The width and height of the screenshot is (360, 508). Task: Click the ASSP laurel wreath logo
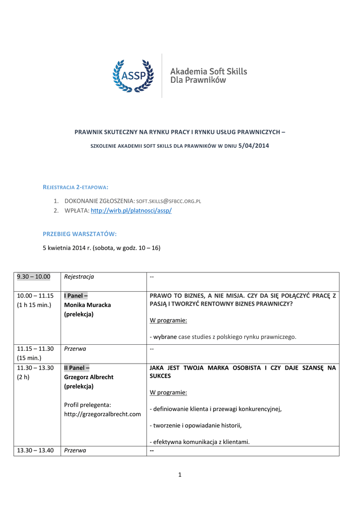[132, 75]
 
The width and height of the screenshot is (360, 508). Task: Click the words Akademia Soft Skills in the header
[209, 71]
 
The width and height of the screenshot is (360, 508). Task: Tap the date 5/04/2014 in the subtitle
[255, 145]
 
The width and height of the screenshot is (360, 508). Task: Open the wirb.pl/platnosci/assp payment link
[131, 211]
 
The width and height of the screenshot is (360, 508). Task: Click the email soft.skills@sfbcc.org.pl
[168, 201]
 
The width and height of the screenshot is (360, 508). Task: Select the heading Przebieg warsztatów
[79, 233]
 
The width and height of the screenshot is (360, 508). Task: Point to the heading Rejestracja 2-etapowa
[75, 187]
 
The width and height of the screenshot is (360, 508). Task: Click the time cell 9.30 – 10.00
[34, 276]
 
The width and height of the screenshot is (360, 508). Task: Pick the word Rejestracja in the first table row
[79, 276]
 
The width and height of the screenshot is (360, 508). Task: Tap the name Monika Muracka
[87, 305]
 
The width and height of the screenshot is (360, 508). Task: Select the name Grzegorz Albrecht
[89, 377]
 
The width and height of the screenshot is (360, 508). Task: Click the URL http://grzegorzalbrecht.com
[103, 414]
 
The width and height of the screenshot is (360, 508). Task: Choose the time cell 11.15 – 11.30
[35, 349]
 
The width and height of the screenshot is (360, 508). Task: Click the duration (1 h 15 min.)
[34, 305]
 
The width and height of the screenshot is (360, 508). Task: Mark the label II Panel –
[77, 368]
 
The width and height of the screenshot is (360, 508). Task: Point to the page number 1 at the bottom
[180, 475]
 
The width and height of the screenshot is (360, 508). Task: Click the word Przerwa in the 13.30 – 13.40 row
[75, 450]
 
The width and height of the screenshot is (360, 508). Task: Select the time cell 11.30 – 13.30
[35, 368]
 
